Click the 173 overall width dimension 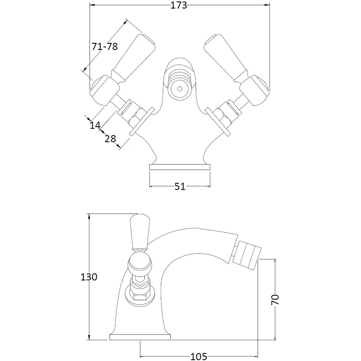pos(180,6)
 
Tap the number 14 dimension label pos(95,125)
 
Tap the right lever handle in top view pos(227,57)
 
